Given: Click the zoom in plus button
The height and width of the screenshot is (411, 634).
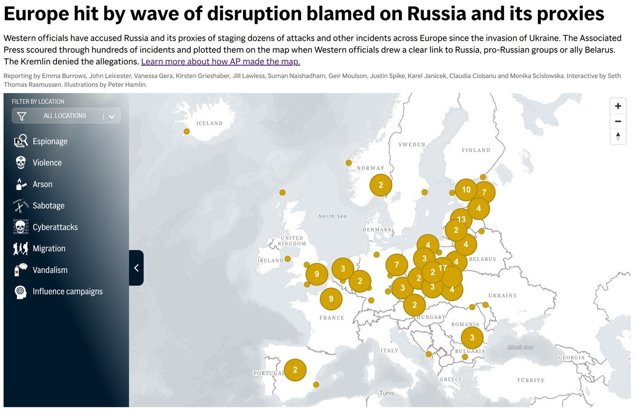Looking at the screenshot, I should coord(618,106).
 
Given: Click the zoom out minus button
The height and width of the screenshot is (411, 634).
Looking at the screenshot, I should coord(618,121).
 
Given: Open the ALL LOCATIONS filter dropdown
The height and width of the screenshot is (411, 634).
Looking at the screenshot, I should coord(66,116).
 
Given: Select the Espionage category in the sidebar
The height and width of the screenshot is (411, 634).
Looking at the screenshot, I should coord(50,141).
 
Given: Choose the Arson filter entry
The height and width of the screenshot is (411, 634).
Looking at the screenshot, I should coord(42,184).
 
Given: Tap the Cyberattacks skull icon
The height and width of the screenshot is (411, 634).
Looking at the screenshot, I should coord(21,227).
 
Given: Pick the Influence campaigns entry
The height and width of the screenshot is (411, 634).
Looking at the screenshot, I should coord(67,291).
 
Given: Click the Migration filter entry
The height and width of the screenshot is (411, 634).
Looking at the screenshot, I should coord(49,249).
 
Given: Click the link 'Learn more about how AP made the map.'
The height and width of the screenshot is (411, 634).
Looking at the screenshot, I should coord(220,61).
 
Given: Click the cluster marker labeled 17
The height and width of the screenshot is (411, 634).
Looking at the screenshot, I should coord(443,268).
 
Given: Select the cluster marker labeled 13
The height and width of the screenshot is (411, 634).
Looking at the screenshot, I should coord(461,219).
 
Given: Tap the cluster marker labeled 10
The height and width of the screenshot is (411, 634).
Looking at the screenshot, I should coord(466,189).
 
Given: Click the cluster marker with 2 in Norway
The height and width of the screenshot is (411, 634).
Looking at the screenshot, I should coord(380,185).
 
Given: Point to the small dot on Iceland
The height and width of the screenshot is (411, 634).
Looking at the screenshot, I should coord(187,131).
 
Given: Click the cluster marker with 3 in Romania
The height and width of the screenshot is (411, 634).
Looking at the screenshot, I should coord(472,337).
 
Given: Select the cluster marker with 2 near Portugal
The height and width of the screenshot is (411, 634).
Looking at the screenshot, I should coord(295,370).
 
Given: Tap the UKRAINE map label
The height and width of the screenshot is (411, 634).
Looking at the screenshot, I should coord(502,296).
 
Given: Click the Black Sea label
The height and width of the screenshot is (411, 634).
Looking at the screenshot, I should coord(520,348).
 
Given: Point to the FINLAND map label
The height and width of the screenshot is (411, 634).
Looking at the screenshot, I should coord(476,150).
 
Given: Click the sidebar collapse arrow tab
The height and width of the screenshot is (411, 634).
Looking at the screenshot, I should coord(136,268).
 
